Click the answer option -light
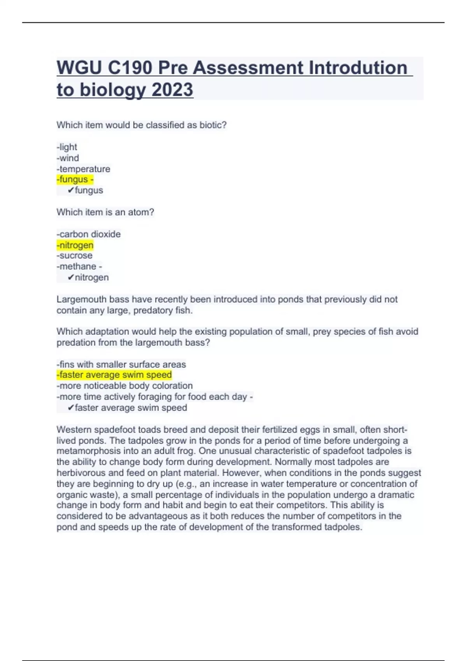[67, 147]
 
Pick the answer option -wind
[68, 158]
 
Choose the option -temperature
[83, 169]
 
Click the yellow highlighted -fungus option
[74, 179]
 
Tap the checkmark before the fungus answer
[70, 190]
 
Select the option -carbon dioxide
[89, 234]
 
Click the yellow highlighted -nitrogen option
[75, 245]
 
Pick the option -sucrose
[75, 255]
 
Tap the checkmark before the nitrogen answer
[70, 277]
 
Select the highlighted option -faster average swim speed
[114, 375]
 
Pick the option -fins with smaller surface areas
[121, 364]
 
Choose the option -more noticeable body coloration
[125, 386]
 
